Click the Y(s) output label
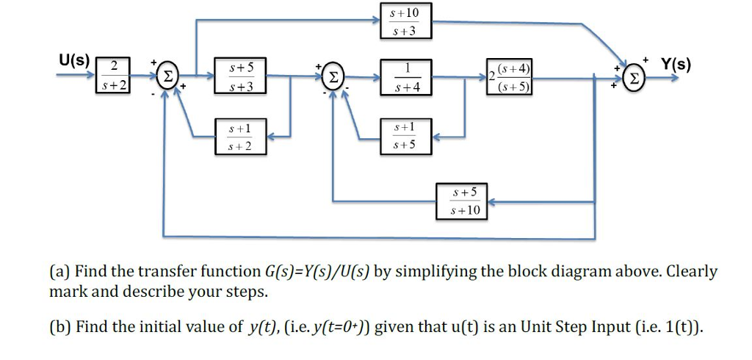click(x=675, y=64)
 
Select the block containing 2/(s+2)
click(x=114, y=76)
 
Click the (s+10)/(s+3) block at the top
click(x=406, y=21)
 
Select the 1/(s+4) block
click(x=406, y=77)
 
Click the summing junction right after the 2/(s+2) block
click(x=168, y=76)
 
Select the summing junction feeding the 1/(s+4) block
click(x=333, y=77)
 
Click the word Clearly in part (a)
click(x=690, y=272)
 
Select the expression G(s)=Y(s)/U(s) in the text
click(x=317, y=272)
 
